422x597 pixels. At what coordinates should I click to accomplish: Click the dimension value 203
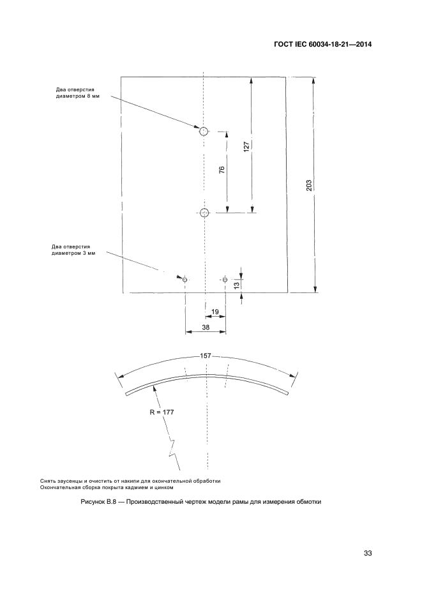pyautogui.click(x=309, y=185)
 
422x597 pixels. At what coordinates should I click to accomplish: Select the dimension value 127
pyautogui.click(x=246, y=146)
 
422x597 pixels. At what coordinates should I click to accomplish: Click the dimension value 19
pyautogui.click(x=215, y=312)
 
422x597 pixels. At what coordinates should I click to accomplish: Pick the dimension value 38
pyautogui.click(x=205, y=327)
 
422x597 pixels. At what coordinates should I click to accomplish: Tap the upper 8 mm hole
pyautogui.click(x=203, y=132)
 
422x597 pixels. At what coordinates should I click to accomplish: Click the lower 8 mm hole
pyautogui.click(x=204, y=213)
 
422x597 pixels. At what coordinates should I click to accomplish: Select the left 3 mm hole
pyautogui.click(x=185, y=280)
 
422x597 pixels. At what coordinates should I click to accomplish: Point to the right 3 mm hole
pyautogui.click(x=225, y=279)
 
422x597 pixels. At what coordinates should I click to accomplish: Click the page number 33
pyautogui.click(x=367, y=553)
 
